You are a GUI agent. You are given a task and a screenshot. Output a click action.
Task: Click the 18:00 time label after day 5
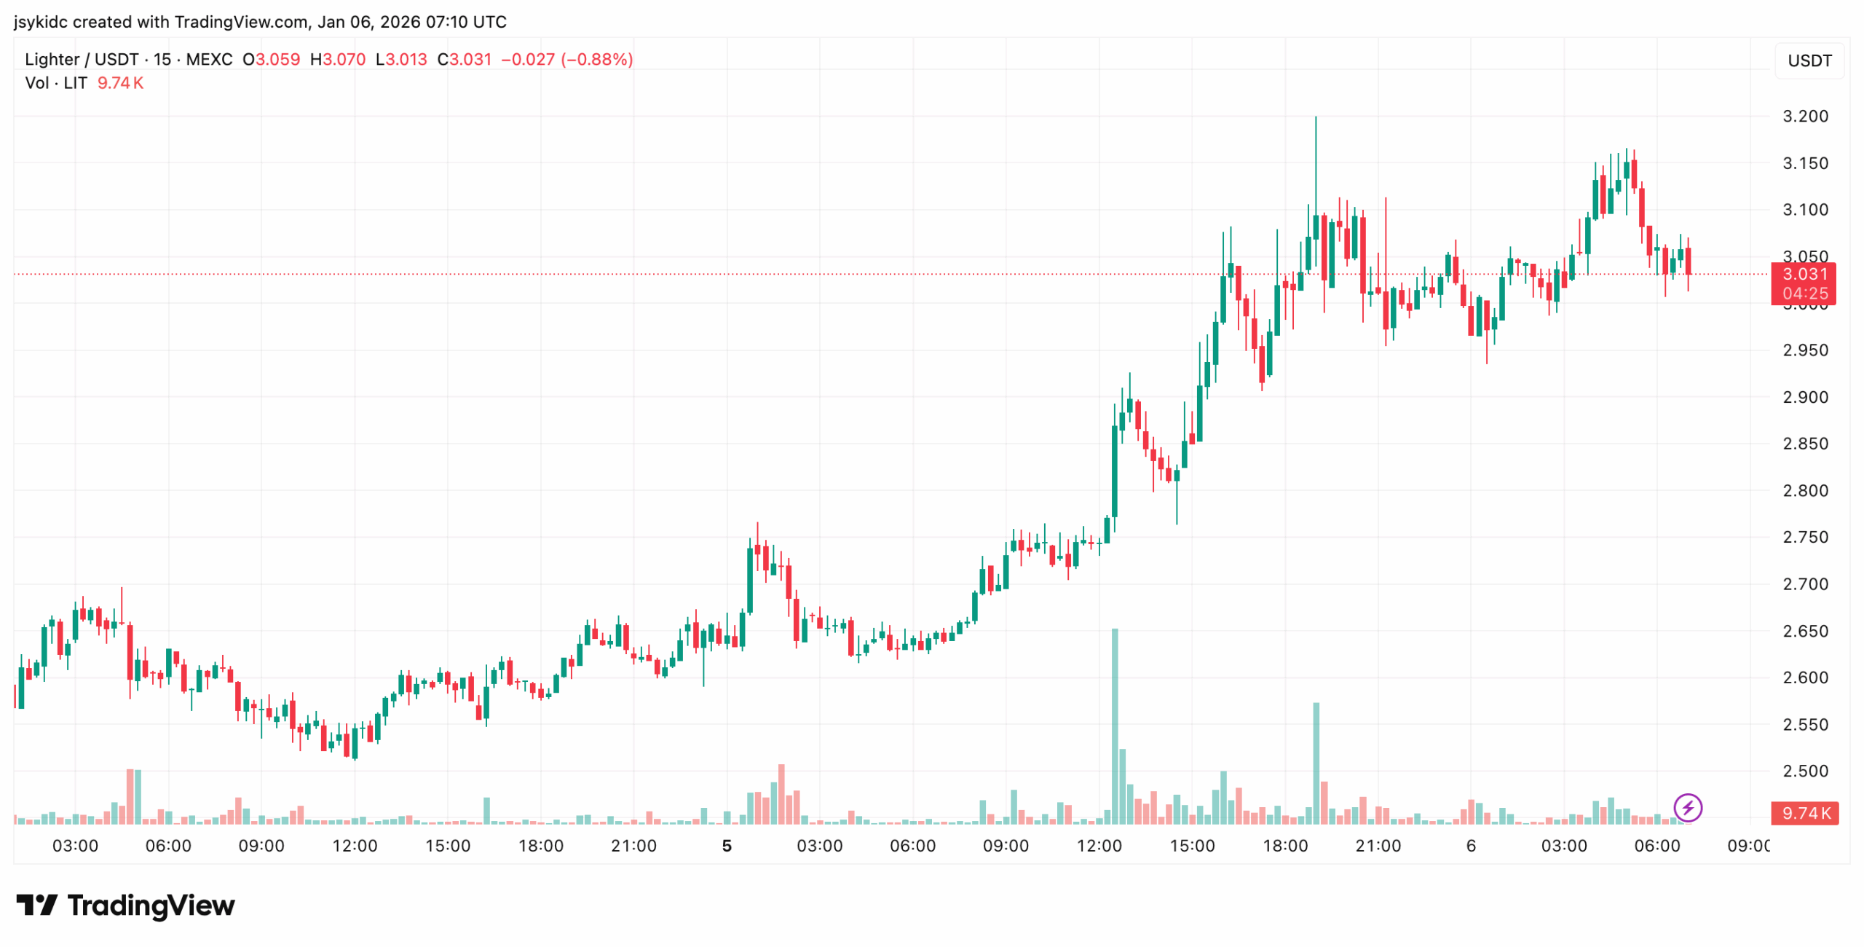tap(1284, 846)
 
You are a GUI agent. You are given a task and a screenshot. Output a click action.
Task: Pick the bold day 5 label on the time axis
tap(726, 846)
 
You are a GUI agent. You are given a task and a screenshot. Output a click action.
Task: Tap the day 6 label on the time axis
tap(1470, 846)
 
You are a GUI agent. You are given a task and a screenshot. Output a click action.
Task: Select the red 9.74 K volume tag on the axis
tap(1804, 813)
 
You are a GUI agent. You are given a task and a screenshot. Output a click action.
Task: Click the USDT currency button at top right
tap(1809, 60)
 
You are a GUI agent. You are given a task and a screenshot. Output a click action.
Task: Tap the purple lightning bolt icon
tap(1687, 807)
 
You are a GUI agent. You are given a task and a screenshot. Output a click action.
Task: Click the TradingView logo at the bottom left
tap(125, 905)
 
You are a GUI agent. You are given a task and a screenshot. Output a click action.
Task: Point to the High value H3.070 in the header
tap(338, 59)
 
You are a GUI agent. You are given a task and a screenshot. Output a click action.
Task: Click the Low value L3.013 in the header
tap(401, 59)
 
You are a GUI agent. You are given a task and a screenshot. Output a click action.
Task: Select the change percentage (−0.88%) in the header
tap(596, 59)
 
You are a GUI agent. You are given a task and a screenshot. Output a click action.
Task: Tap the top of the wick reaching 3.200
tap(1315, 118)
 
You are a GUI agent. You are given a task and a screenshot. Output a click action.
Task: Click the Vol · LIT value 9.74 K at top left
tap(120, 83)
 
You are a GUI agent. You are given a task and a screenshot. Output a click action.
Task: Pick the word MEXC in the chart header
tap(209, 59)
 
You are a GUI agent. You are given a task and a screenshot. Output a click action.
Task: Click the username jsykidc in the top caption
tap(41, 22)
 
